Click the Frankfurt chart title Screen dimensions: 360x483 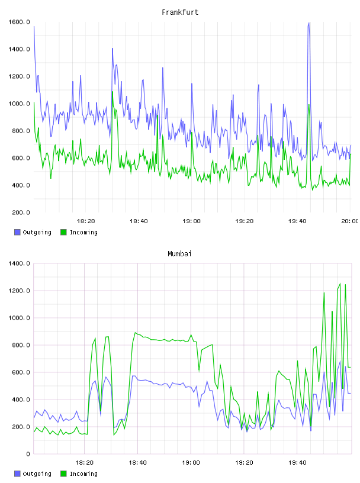[180, 12]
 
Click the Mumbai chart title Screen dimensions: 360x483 [179, 254]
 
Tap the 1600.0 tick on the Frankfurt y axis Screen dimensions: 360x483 [19, 22]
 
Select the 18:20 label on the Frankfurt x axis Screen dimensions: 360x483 [86, 221]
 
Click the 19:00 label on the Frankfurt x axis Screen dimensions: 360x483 [191, 221]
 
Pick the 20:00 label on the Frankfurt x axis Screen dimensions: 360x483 [350, 221]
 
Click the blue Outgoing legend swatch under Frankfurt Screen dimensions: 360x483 [17, 232]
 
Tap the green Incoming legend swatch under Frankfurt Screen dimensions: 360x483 [63, 232]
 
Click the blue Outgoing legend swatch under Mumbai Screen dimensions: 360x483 [17, 474]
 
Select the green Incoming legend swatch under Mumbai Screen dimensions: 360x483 [63, 474]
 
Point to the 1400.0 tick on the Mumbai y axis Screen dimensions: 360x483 [19, 263]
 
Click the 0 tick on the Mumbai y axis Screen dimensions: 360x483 [28, 454]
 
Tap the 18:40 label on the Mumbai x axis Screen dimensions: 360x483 [137, 463]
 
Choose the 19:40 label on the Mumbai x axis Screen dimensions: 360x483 [297, 463]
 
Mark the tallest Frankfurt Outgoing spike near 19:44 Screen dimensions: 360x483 [308, 22]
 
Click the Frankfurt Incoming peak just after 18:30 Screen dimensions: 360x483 [112, 92]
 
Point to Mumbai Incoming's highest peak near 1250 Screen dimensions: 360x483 [340, 284]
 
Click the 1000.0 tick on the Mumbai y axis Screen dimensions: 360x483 [19, 318]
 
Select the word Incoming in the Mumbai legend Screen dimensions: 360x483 [83, 474]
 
